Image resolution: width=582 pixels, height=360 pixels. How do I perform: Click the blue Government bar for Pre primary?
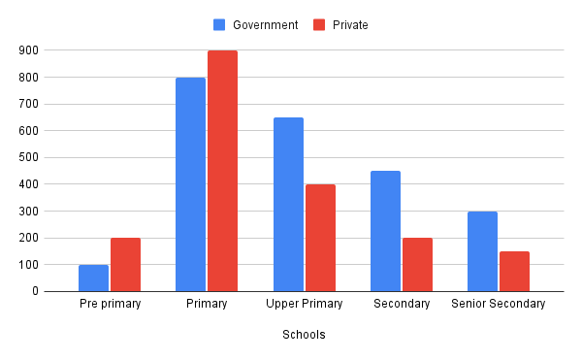[x=93, y=278]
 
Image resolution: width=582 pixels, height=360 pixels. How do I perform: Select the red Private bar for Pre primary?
[x=125, y=264]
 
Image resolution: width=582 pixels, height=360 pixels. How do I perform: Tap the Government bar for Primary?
[x=190, y=184]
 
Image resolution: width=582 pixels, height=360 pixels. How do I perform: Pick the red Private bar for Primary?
[x=222, y=171]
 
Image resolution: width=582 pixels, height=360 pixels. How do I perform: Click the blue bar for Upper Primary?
[x=288, y=204]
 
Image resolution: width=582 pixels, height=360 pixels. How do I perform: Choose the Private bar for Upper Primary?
[x=320, y=238]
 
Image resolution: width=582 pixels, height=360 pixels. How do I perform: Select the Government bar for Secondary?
[x=385, y=231]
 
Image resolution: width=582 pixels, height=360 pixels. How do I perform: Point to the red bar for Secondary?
[x=417, y=264]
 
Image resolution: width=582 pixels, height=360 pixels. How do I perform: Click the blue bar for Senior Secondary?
[x=482, y=251]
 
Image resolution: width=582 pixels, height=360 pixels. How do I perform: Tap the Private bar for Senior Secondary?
[x=514, y=271]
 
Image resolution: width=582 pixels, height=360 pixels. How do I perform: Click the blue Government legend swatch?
[x=219, y=24]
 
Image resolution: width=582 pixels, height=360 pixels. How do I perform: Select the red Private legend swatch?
[x=318, y=24]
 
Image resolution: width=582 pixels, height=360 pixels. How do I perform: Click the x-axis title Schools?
[x=304, y=335]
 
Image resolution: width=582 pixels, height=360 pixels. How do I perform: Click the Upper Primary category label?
[x=304, y=304]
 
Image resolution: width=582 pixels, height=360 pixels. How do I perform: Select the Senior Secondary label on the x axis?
[x=499, y=304]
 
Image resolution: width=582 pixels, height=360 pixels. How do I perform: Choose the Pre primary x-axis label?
[x=110, y=304]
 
